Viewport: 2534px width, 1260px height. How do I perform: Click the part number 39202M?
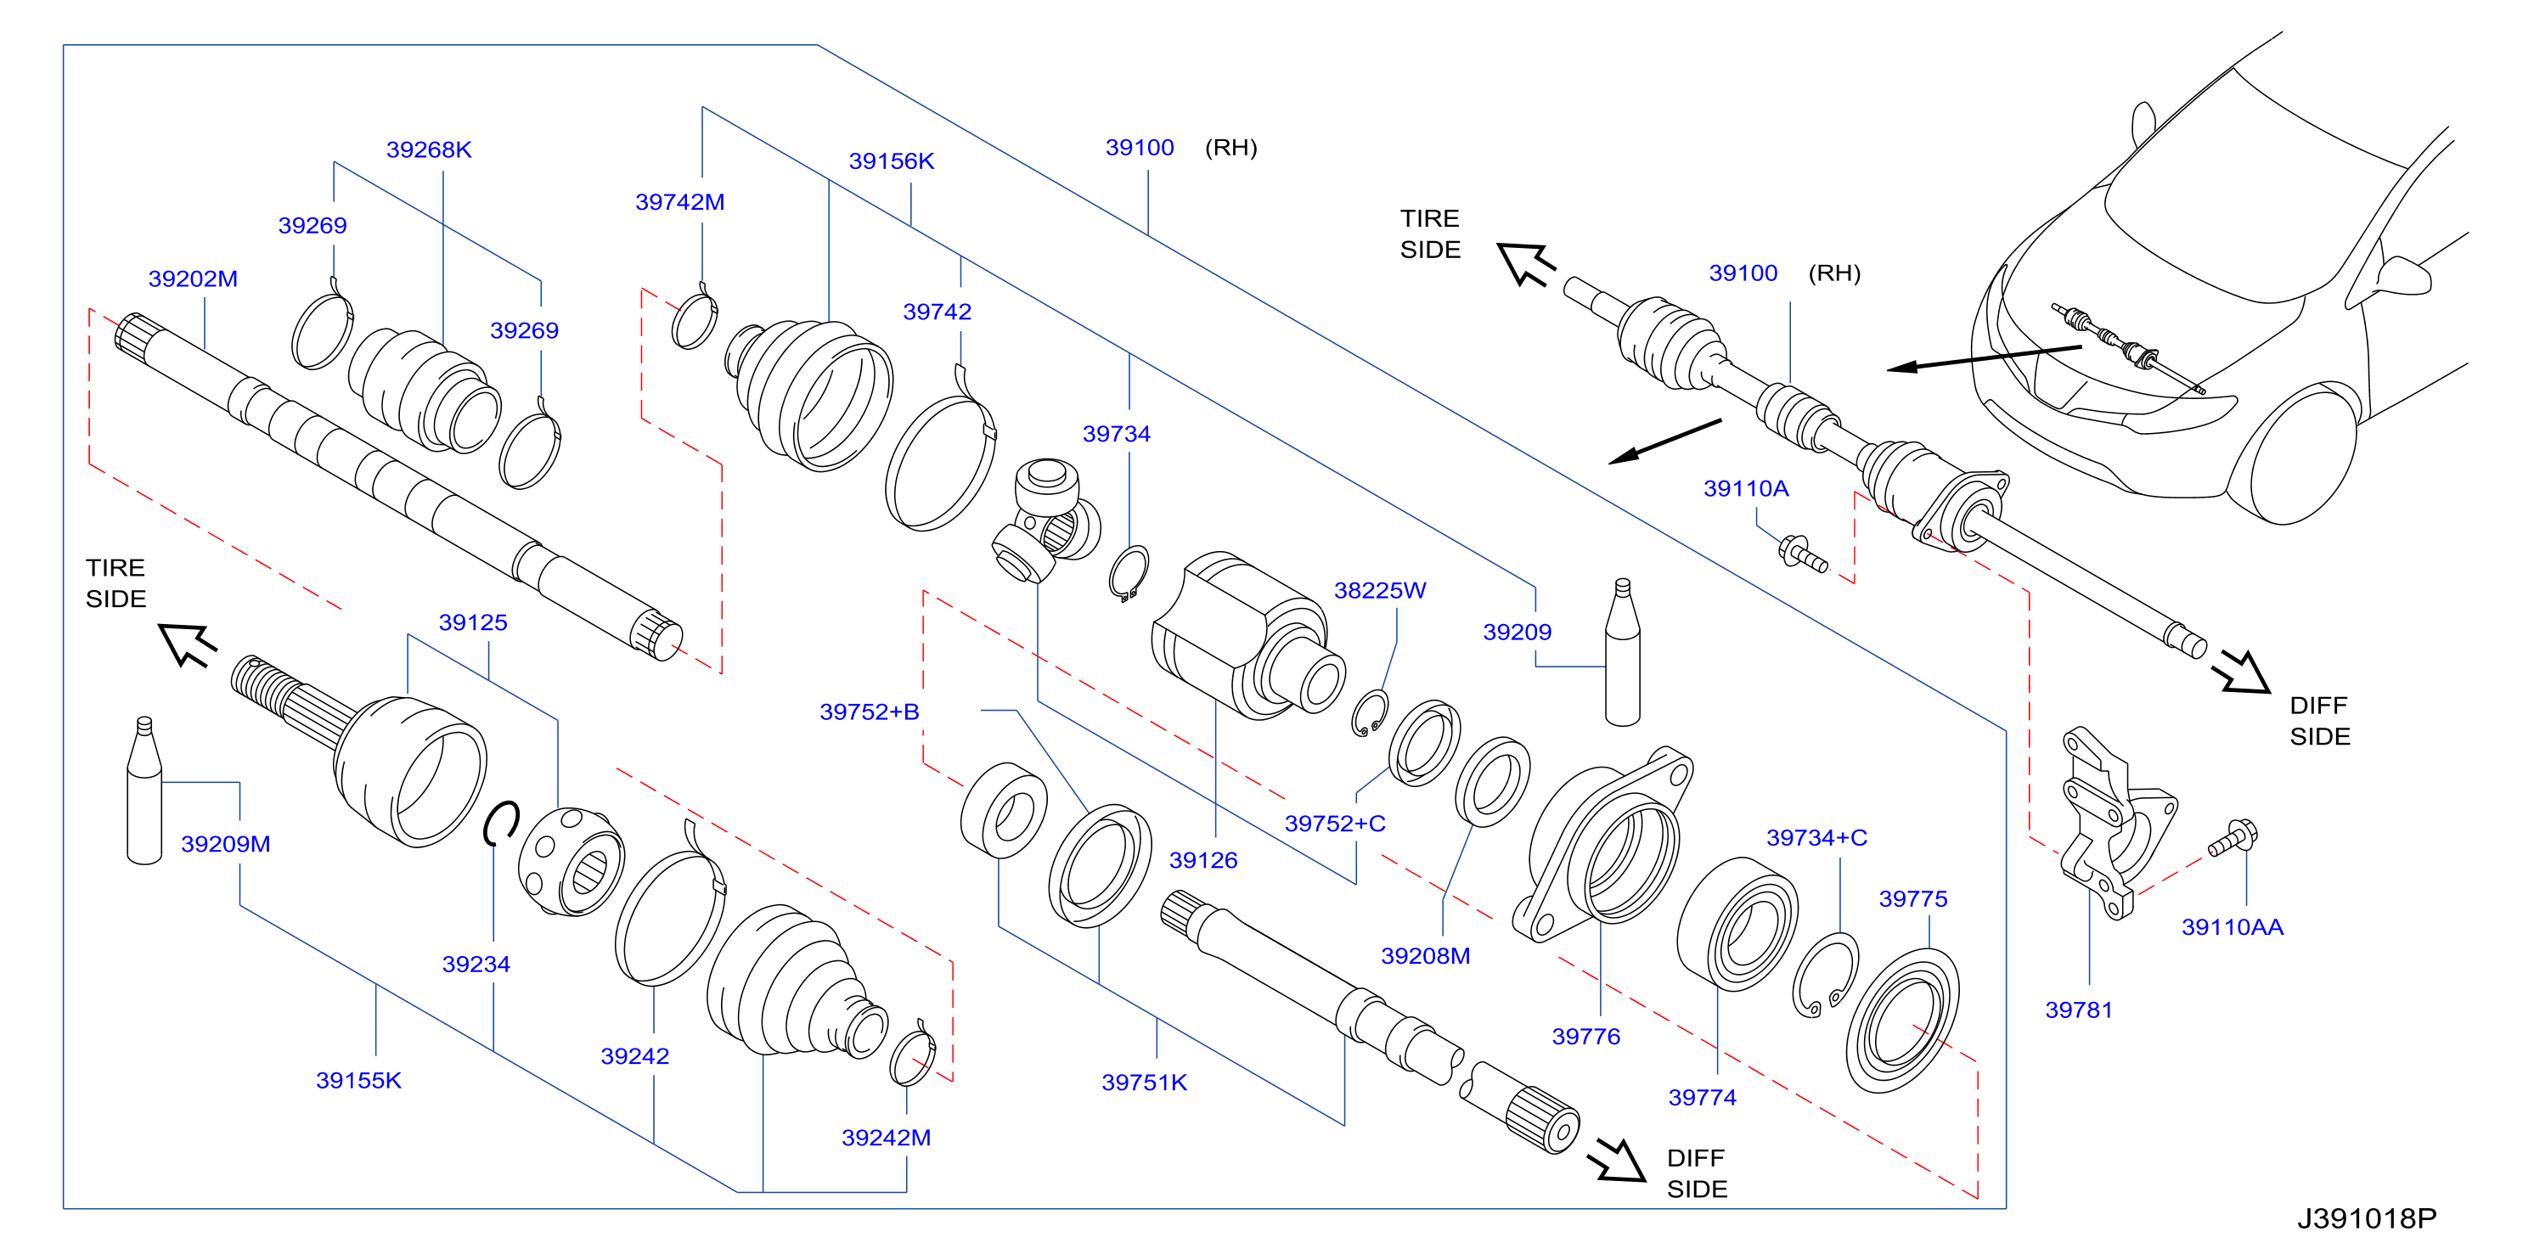click(193, 278)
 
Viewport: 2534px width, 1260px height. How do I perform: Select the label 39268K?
click(429, 149)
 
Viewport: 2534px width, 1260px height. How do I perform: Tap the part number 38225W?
click(1379, 590)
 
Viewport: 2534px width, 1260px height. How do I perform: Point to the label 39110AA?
click(2232, 926)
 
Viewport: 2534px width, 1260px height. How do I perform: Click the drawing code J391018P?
click(2367, 1218)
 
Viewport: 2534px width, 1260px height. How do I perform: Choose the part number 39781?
click(2079, 1010)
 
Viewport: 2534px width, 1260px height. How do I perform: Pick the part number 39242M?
click(886, 1137)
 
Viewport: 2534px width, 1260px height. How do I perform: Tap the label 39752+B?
click(869, 712)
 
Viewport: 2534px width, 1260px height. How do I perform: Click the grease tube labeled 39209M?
click(144, 792)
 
